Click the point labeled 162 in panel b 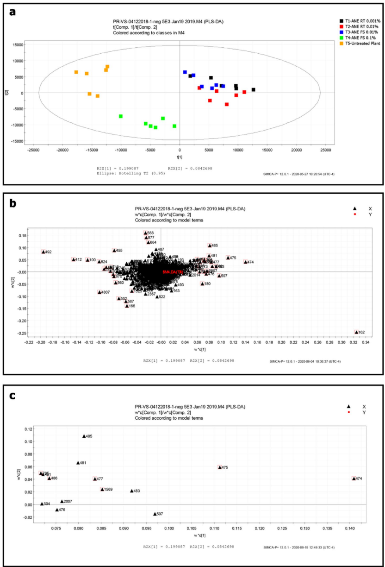click(356, 332)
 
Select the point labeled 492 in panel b click(43, 252)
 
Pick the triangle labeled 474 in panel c click(354, 478)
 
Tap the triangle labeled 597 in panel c click(155, 514)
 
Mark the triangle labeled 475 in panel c click(220, 467)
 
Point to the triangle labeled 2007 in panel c click(62, 501)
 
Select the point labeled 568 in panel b click(145, 233)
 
